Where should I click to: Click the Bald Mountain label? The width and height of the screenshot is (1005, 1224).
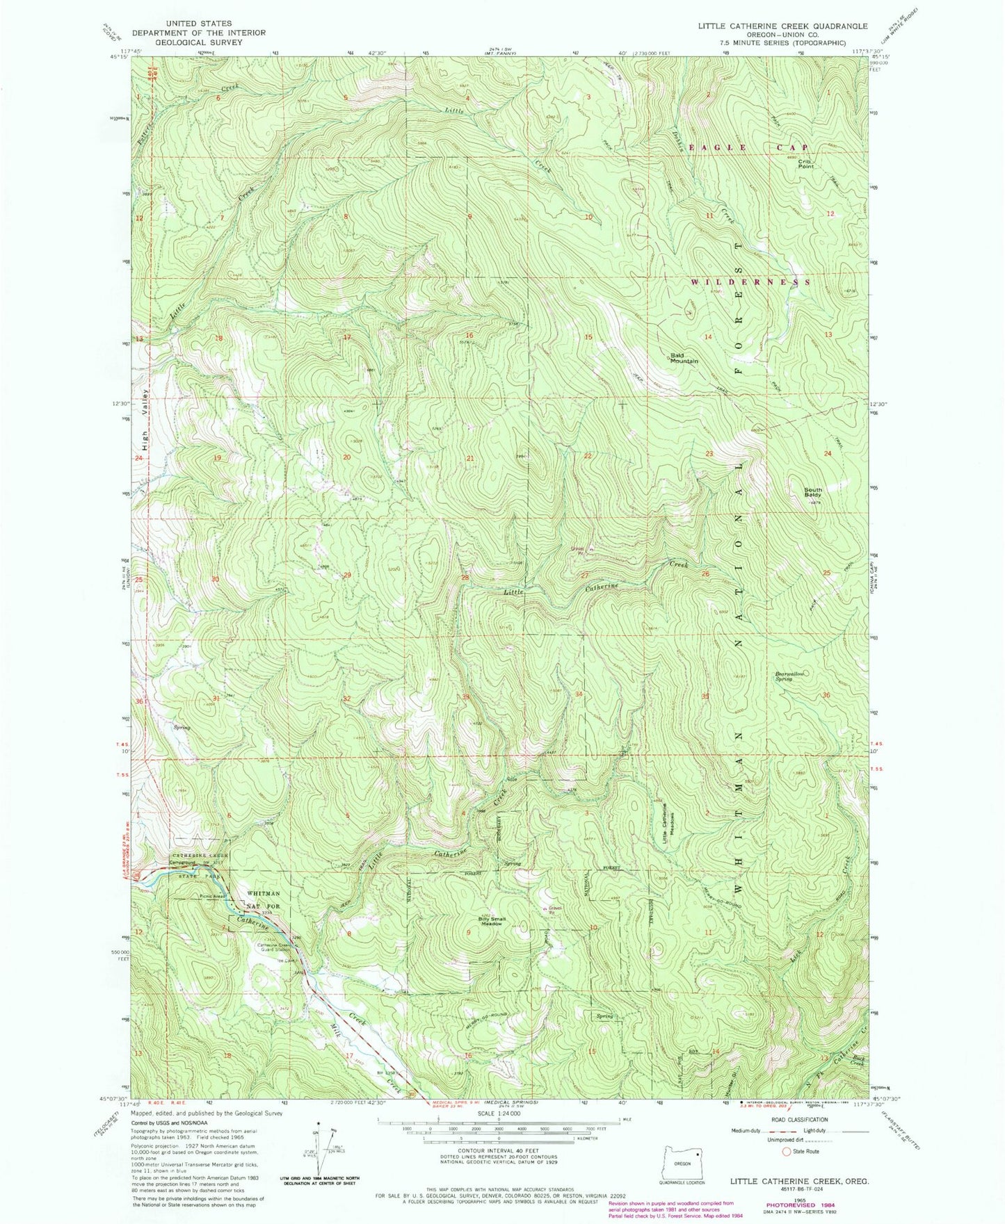coord(684,358)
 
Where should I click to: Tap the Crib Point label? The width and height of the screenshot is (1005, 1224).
coord(805,164)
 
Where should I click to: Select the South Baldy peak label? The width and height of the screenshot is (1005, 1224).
coord(812,491)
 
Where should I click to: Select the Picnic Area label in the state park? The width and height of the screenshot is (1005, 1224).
coord(212,896)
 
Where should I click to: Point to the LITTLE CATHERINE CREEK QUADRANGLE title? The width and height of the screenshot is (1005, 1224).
coord(773,26)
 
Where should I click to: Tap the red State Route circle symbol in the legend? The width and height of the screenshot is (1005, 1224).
coord(787,1151)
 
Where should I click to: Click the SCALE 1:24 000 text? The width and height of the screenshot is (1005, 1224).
coord(497,1113)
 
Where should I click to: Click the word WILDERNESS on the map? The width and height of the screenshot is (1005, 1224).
coord(750,282)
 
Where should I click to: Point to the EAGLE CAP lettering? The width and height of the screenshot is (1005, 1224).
coord(748,147)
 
